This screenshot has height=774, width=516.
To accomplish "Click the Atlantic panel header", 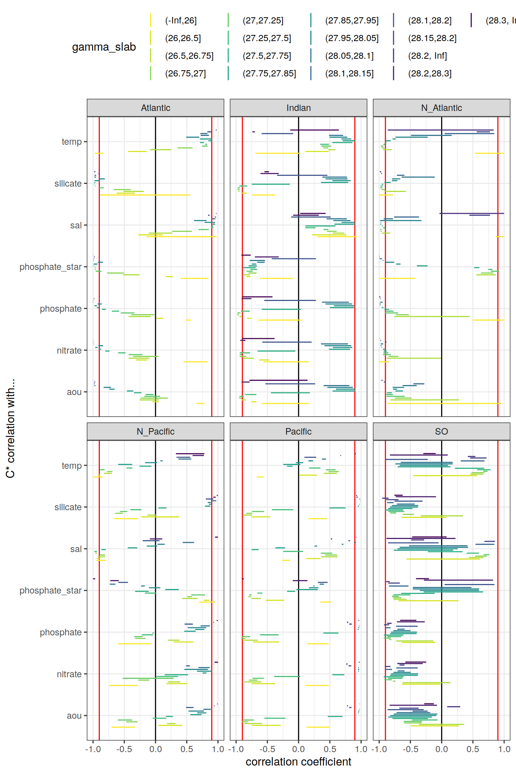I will tap(155, 108).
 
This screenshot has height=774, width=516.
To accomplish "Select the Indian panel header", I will tap(298, 108).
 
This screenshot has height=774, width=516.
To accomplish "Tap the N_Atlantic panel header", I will tap(442, 108).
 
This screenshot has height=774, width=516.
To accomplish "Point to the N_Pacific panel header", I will tap(155, 432).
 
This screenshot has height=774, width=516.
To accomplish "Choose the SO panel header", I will tap(442, 432).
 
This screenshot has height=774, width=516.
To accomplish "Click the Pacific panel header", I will tap(298, 432).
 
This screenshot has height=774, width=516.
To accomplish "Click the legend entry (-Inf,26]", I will tap(181, 21).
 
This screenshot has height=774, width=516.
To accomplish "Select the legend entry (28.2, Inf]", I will tap(427, 56).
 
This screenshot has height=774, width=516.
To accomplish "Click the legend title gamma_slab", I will tap(104, 47).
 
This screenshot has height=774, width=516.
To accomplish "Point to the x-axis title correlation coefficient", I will tap(298, 762).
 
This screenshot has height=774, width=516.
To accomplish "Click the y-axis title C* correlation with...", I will tap(10, 428).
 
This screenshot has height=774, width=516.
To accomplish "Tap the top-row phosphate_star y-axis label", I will tap(51, 267).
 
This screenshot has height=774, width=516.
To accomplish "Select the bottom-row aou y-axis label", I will tap(74, 716).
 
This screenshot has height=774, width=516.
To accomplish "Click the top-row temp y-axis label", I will tap(72, 142).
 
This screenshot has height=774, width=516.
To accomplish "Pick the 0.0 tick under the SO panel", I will tap(442, 749).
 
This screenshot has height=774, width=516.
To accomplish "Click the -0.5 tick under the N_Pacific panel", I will tap(124, 749).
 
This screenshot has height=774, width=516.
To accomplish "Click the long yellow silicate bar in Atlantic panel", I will tap(145, 195).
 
